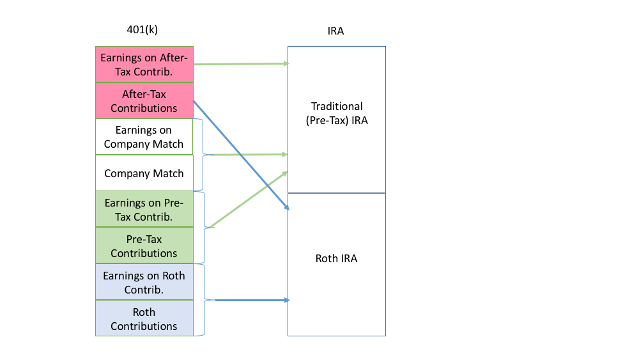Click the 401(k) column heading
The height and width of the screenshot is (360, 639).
[x=142, y=30]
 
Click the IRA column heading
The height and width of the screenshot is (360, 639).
[x=336, y=31]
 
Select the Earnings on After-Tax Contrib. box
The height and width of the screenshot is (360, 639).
[x=144, y=65]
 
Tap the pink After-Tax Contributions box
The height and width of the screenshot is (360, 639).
[x=144, y=100]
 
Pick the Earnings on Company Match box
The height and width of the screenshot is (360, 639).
[x=144, y=137]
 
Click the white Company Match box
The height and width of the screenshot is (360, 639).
[x=144, y=173]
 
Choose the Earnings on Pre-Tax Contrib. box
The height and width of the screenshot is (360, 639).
[x=144, y=209]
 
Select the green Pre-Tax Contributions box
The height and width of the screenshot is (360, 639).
[x=144, y=246]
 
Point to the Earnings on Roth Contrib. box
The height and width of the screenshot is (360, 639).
[x=144, y=282]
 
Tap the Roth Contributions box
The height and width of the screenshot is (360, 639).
[x=144, y=318]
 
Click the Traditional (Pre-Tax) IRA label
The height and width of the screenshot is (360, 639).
[x=337, y=113]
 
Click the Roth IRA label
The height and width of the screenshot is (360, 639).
[x=337, y=258]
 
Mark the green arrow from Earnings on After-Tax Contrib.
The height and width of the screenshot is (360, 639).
[x=241, y=64]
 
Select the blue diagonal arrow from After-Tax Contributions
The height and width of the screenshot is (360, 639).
[x=242, y=155]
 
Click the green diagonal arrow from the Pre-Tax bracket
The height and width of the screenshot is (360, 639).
[x=249, y=200]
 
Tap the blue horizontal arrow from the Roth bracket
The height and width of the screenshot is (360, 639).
[x=252, y=300]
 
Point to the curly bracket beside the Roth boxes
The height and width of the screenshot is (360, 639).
[x=204, y=300]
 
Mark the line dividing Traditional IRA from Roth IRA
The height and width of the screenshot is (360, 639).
[x=336, y=193]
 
